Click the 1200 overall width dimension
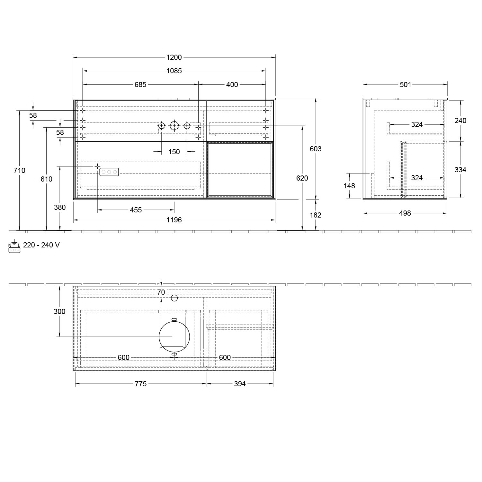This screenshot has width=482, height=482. pyautogui.click(x=174, y=58)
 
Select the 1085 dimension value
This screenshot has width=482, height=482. pyautogui.click(x=174, y=71)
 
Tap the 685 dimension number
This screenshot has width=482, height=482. pyautogui.click(x=140, y=85)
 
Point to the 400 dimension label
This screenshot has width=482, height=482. pyautogui.click(x=232, y=85)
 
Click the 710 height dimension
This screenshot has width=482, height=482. pyautogui.click(x=20, y=170)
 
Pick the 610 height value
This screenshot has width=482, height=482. pyautogui.click(x=46, y=179)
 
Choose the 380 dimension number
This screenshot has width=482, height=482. pyautogui.click(x=60, y=207)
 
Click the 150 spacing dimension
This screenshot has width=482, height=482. pyautogui.click(x=174, y=152)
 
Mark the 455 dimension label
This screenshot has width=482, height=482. pyautogui.click(x=136, y=210)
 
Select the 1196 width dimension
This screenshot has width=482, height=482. pyautogui.click(x=174, y=220)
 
